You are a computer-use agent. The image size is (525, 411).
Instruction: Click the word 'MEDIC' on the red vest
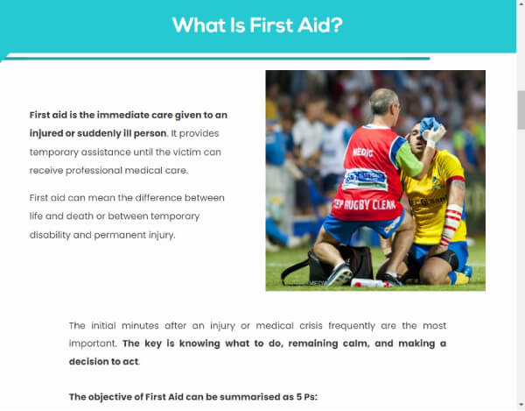pyautogui.click(x=362, y=151)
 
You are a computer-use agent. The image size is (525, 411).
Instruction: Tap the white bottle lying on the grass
pyautogui.click(x=368, y=283)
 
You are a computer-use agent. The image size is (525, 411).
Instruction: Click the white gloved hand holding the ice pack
pyautogui.click(x=435, y=136)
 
